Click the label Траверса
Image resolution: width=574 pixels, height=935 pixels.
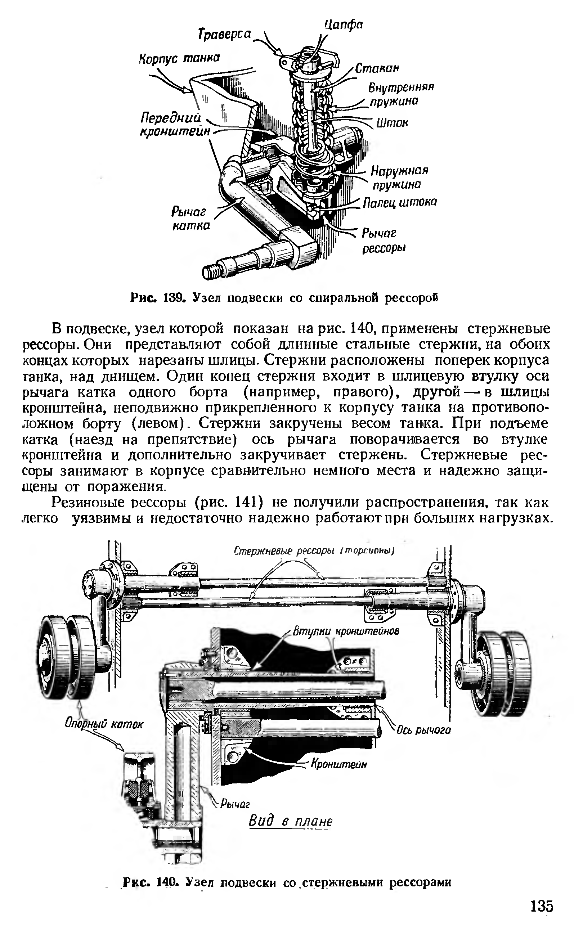click(x=225, y=35)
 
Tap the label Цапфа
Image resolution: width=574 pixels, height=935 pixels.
click(x=344, y=26)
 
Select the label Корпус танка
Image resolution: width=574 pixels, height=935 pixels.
click(x=179, y=58)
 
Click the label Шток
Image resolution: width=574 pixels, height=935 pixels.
click(x=392, y=123)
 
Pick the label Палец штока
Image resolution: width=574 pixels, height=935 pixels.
click(x=400, y=202)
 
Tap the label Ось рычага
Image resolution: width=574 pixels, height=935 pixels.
click(x=423, y=730)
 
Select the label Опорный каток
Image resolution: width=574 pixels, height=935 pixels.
click(x=104, y=724)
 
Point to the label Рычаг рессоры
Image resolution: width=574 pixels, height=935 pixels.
click(x=384, y=241)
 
